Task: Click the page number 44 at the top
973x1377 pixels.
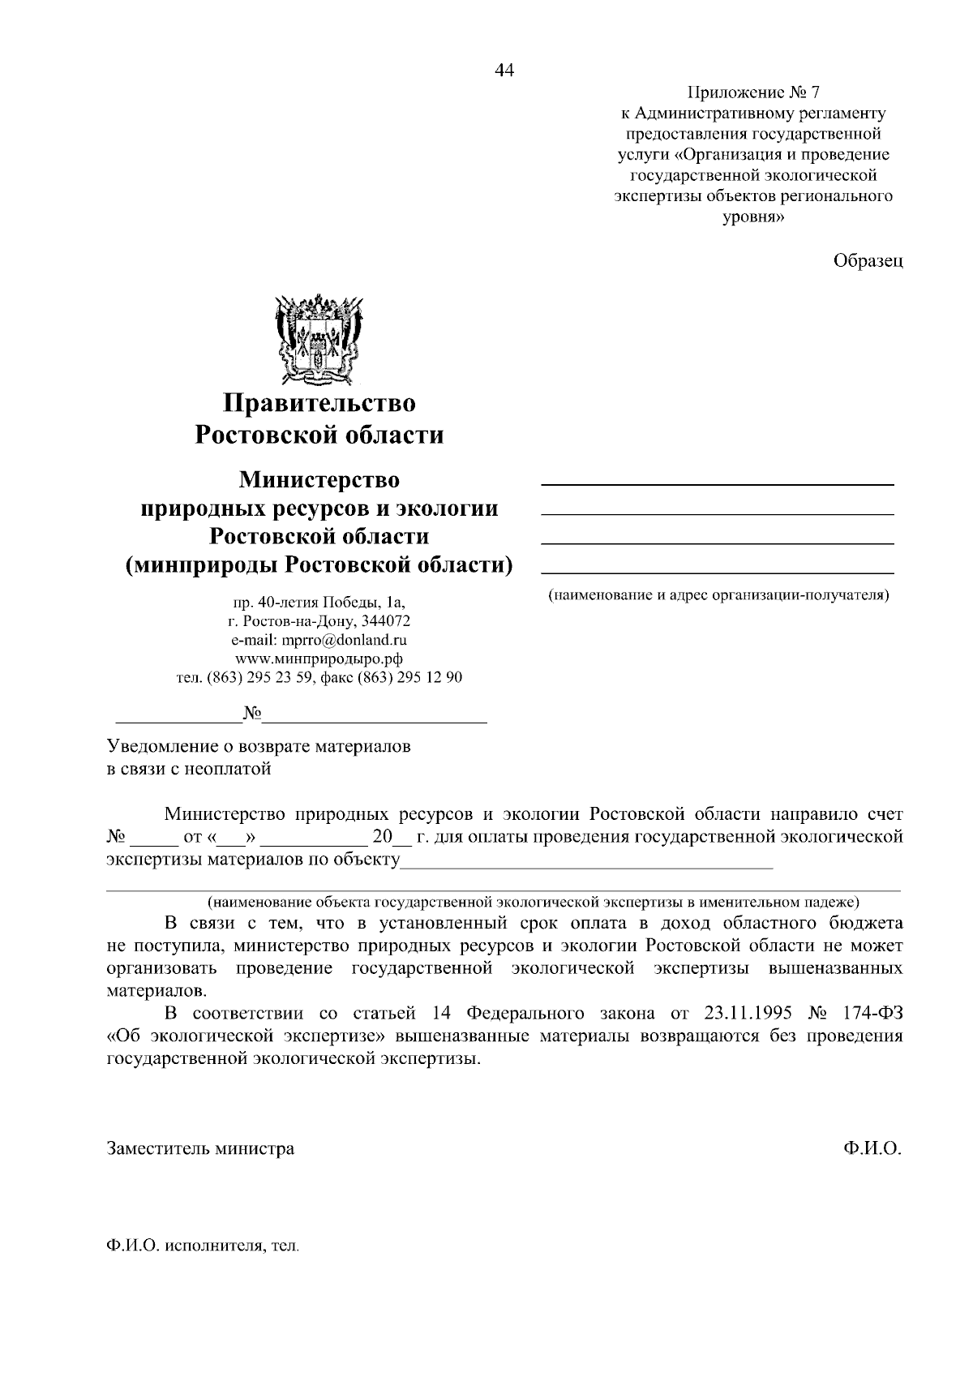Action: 504,71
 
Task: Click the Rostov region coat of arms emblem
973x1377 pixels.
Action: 319,340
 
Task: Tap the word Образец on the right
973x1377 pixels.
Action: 868,260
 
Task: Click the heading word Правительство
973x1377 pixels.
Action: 319,402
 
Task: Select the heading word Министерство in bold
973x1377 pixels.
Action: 319,479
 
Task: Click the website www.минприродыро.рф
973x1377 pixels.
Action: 319,658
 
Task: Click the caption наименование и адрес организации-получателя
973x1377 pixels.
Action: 718,595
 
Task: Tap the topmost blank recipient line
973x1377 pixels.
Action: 717,484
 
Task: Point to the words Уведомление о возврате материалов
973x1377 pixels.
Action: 259,746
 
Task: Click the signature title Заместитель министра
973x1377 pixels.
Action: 200,1148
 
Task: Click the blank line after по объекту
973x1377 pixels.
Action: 587,864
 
